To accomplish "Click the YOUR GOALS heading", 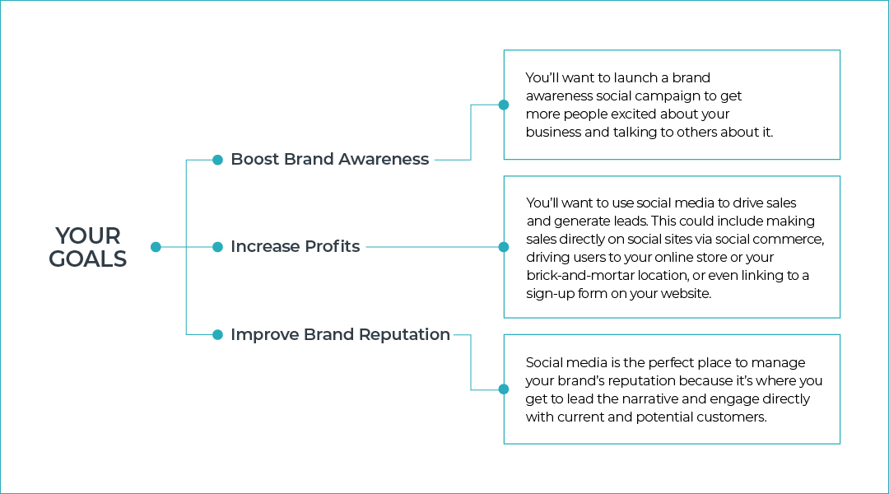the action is [x=88, y=247].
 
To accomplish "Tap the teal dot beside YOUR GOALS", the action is [x=156, y=247].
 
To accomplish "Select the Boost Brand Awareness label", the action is [x=330, y=160].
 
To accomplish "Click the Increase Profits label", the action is [x=296, y=246].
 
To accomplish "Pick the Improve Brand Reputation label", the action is [x=340, y=334].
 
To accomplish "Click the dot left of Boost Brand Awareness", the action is [x=217, y=160].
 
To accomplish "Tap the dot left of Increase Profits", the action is [x=217, y=247].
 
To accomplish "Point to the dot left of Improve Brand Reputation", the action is [x=217, y=334].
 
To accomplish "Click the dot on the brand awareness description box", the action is [x=504, y=105].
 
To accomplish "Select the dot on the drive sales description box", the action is [x=504, y=247].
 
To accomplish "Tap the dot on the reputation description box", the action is [x=504, y=389].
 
